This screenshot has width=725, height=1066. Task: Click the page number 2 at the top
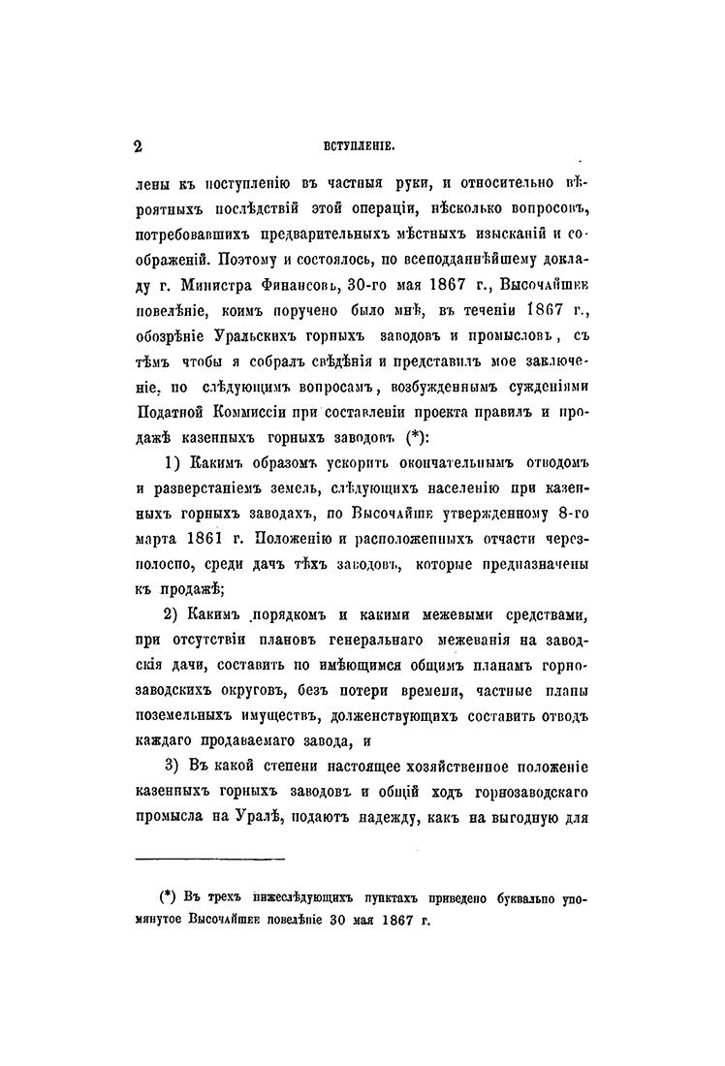[x=138, y=147]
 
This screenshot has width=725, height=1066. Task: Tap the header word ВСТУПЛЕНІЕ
[x=356, y=148]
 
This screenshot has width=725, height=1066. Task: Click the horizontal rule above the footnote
[x=208, y=858]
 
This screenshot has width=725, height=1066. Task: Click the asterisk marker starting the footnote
[x=166, y=897]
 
